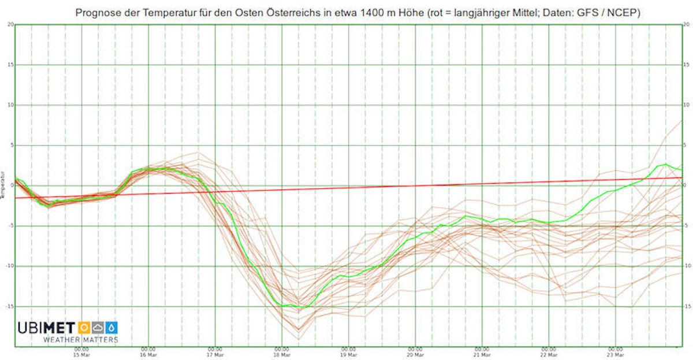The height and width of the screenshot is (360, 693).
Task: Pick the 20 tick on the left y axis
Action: click(11, 24)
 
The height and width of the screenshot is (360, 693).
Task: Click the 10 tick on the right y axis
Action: click(685, 105)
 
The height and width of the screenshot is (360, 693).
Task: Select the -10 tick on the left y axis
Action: click(10, 266)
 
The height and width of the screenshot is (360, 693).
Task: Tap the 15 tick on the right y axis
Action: click(685, 65)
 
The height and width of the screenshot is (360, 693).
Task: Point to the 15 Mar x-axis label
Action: click(81, 355)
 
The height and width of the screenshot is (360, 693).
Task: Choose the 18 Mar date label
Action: click(281, 355)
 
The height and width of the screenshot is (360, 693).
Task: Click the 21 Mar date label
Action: click(482, 355)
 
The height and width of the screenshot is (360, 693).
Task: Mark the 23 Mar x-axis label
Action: click(615, 355)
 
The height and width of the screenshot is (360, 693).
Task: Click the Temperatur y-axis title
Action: click(3, 185)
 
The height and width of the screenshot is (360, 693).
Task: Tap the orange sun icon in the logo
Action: click(84, 328)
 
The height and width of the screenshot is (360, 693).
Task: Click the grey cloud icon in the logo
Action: click(98, 328)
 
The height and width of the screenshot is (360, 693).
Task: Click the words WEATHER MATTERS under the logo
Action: click(80, 340)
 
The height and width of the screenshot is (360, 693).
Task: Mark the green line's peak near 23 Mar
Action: click(665, 164)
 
